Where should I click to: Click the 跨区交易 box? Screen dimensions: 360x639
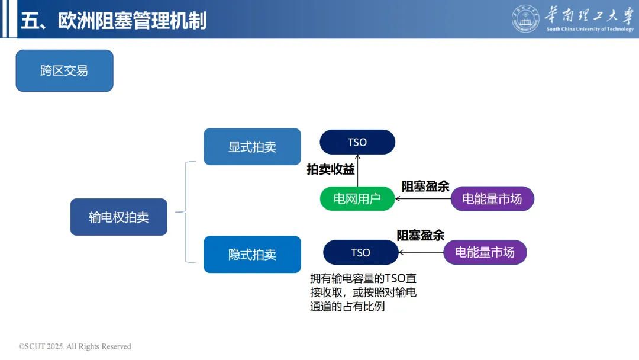(x=64, y=71)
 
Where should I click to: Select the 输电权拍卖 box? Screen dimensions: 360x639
(x=118, y=217)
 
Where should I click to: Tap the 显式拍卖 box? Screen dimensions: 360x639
(x=252, y=147)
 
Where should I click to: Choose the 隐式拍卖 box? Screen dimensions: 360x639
(x=252, y=255)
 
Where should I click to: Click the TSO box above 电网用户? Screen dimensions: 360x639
(x=357, y=142)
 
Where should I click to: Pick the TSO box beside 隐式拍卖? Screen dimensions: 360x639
(x=360, y=252)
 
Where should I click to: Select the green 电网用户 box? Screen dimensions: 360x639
(x=357, y=199)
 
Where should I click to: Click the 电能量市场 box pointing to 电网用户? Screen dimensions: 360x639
(x=492, y=199)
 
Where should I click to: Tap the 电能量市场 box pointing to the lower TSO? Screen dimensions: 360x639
(x=485, y=252)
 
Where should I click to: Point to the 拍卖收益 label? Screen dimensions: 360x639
(x=331, y=170)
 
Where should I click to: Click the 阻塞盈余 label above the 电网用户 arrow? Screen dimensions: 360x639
(x=425, y=187)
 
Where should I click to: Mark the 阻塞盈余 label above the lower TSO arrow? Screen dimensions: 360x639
(x=420, y=235)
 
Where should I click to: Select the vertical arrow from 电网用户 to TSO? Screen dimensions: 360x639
(x=358, y=171)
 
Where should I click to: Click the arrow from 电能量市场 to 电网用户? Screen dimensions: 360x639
(x=423, y=199)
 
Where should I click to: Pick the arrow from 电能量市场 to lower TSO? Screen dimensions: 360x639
(x=421, y=253)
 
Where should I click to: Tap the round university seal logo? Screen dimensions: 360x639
(x=525, y=19)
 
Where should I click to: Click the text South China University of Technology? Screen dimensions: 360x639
(x=589, y=29)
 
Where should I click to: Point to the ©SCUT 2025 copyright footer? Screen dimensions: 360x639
(x=75, y=346)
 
